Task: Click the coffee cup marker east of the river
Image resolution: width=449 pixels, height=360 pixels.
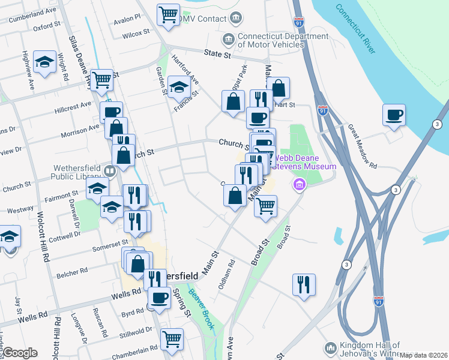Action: click(x=394, y=115)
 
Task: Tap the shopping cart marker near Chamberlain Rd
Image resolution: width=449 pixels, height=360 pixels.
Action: click(x=172, y=338)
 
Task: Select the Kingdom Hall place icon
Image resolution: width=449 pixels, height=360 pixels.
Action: click(x=330, y=348)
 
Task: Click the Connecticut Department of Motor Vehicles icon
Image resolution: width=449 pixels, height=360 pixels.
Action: click(x=229, y=40)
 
